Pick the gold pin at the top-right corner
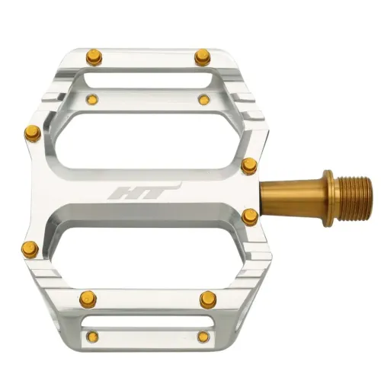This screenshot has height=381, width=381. click(x=202, y=56)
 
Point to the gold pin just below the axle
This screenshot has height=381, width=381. click(x=248, y=217)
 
